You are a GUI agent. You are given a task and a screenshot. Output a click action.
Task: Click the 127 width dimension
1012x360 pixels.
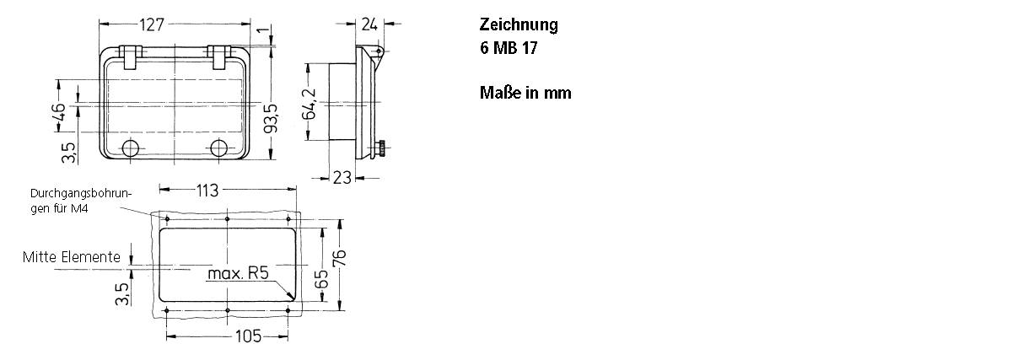(153, 25)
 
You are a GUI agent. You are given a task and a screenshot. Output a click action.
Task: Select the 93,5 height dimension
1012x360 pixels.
(270, 119)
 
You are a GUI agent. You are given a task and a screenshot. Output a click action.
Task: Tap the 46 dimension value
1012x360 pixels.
(58, 113)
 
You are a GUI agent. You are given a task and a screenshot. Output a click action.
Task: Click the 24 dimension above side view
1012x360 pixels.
(369, 24)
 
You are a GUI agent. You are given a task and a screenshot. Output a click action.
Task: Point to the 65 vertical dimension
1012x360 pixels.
(321, 278)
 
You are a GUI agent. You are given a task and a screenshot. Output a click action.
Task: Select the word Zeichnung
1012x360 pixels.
(519, 24)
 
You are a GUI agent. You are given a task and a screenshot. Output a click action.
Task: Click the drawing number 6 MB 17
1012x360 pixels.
(508, 48)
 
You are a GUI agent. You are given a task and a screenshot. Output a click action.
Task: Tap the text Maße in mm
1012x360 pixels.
(525, 93)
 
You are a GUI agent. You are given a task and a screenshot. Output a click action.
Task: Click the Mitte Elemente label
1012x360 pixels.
(72, 257)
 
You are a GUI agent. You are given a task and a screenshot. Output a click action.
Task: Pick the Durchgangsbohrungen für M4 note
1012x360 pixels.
(81, 200)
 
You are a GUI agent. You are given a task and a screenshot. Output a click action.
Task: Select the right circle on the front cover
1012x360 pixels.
(219, 149)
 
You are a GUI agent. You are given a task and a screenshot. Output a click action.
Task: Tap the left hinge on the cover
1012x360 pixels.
(130, 56)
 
